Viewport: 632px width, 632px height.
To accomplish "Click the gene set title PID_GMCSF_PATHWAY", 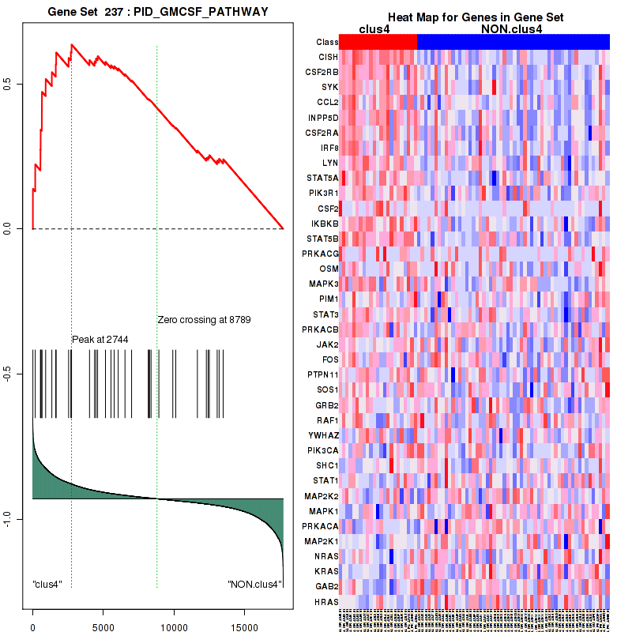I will pyautogui.click(x=201, y=13).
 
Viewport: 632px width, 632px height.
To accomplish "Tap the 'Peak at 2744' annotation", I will pyautogui.click(x=100, y=339).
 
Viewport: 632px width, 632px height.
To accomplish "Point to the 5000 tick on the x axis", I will pyautogui.click(x=103, y=620).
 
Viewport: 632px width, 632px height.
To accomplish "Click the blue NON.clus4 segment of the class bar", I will pyautogui.click(x=513, y=42).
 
